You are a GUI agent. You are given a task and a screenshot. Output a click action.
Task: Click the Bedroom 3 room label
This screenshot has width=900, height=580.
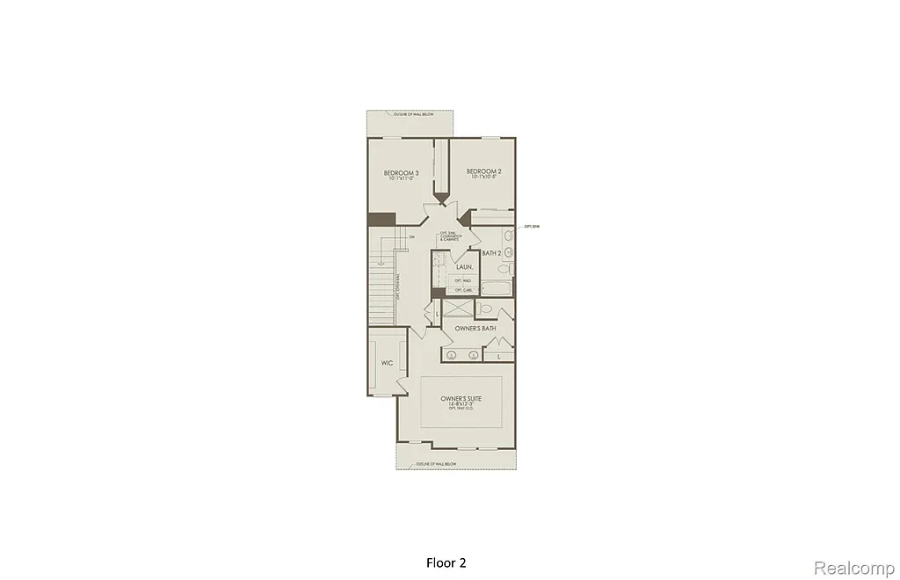pyautogui.click(x=401, y=172)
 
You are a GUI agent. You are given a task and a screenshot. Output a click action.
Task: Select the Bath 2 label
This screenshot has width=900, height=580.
pyautogui.click(x=491, y=253)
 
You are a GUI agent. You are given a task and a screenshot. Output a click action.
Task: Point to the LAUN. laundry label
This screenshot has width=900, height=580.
pyautogui.click(x=465, y=266)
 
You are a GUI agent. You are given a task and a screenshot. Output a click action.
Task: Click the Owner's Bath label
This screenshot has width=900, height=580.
pyautogui.click(x=475, y=329)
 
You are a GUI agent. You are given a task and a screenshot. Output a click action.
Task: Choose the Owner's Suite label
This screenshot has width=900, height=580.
pyautogui.click(x=461, y=398)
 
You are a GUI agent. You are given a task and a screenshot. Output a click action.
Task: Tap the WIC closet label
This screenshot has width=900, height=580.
pyautogui.click(x=386, y=362)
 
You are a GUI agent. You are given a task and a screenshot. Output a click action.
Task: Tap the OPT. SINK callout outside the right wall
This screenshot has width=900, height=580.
pyautogui.click(x=531, y=227)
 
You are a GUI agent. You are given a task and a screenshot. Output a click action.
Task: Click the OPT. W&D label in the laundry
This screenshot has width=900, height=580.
pyautogui.click(x=463, y=280)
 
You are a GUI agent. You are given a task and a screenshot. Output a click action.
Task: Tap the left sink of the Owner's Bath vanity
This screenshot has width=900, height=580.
pyautogui.click(x=453, y=355)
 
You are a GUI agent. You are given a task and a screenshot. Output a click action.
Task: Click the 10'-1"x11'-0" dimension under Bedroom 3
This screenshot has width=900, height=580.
pyautogui.click(x=401, y=179)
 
